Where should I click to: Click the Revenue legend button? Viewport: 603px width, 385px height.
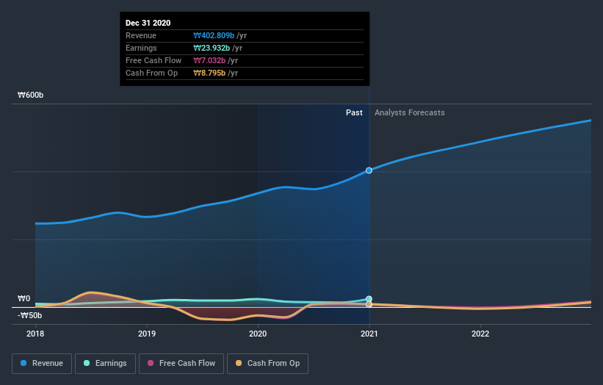tap(43, 363)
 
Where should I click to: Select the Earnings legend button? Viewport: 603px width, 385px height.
tap(105, 363)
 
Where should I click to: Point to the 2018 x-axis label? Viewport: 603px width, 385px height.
tap(35, 333)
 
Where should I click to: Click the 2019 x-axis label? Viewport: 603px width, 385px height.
tap(147, 333)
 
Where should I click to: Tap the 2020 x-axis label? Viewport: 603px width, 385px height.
tap(258, 333)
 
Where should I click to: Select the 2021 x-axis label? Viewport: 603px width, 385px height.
tap(369, 333)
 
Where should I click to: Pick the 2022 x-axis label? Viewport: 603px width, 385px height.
tap(480, 333)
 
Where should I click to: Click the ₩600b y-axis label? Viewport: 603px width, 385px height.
tap(32, 95)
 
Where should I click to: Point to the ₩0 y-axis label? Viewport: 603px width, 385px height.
tap(24, 298)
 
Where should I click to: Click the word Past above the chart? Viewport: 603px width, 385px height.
tap(354, 112)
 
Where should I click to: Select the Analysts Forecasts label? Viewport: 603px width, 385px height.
tap(409, 112)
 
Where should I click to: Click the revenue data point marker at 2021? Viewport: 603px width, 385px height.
tap(369, 170)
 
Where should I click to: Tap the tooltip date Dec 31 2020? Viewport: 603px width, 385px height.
tap(148, 23)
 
